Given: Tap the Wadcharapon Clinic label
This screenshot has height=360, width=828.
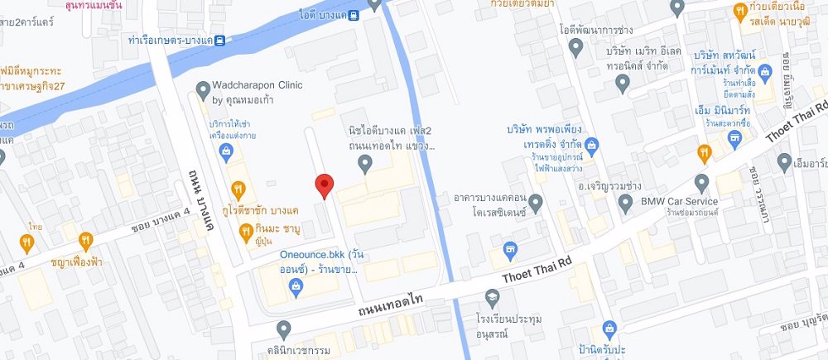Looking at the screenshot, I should coord(258,91).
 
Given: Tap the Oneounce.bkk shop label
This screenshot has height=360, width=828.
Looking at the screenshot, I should coord(321,261).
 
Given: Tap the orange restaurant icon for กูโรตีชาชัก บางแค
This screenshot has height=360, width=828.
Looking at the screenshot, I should coord(238,190).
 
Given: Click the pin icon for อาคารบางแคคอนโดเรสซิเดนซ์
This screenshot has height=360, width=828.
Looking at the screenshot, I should coord(535,201).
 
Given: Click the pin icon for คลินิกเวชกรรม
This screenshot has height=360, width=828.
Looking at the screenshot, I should coord(284,331).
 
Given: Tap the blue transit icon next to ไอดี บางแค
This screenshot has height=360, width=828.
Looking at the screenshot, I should coord(354,13).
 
